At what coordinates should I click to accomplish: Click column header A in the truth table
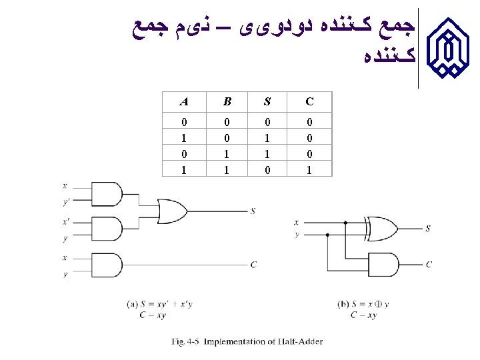183,102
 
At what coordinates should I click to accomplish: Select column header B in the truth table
227,102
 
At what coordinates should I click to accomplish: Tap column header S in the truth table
267,102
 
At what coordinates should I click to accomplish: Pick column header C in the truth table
309,102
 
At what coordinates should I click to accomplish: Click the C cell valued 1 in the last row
309,170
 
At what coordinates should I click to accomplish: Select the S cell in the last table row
267,170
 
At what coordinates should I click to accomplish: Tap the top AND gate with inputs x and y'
109,195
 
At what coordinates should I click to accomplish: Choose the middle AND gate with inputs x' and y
109,229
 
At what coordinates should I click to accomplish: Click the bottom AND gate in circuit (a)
109,265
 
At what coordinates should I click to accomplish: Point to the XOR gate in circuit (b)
381,228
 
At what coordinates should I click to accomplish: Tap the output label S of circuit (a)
253,211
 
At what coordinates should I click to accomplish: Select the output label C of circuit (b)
429,265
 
